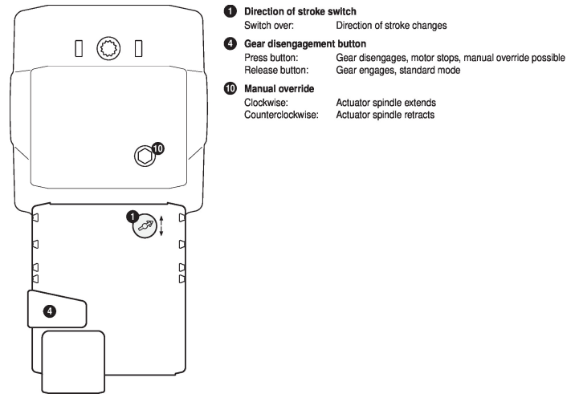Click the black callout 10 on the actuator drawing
click(x=157, y=148)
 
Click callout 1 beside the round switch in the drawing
click(x=134, y=215)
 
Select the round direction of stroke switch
click(x=145, y=226)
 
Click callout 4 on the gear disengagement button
click(x=50, y=310)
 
